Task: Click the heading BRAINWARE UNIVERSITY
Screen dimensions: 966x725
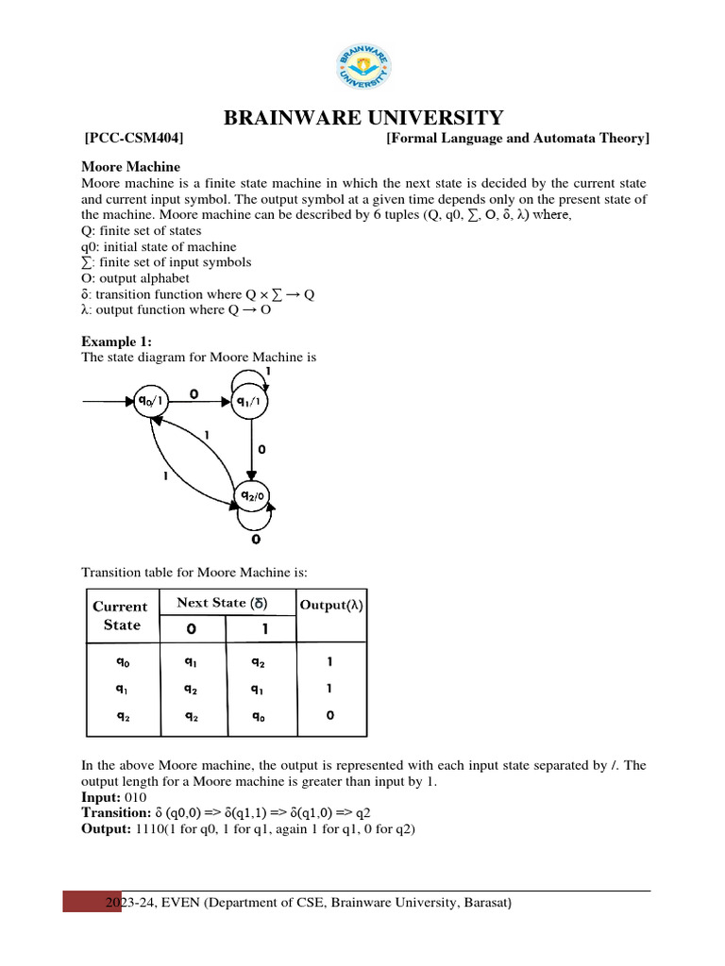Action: pyautogui.click(x=362, y=118)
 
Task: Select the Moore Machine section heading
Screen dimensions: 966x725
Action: pyautogui.click(x=130, y=167)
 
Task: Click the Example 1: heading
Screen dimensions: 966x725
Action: pyautogui.click(x=116, y=341)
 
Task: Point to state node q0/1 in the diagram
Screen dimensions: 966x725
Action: pyautogui.click(x=151, y=402)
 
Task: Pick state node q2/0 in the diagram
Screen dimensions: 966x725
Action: pyautogui.click(x=252, y=496)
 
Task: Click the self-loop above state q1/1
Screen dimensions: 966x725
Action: pyautogui.click(x=251, y=377)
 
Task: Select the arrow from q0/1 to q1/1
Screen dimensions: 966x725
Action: pyautogui.click(x=200, y=402)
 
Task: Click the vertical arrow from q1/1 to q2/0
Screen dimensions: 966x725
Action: pyautogui.click(x=252, y=449)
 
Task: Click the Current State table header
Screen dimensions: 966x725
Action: pyautogui.click(x=120, y=616)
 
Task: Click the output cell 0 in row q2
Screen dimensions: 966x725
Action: pyautogui.click(x=329, y=716)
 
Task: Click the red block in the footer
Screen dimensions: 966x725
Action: pyautogui.click(x=93, y=902)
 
